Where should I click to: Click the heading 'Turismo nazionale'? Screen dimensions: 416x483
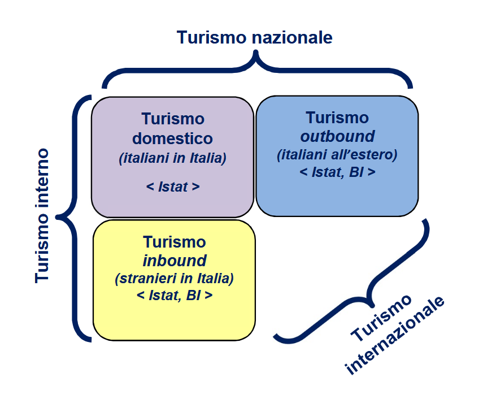pos(254,37)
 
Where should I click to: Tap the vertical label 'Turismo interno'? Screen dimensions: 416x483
pos(42,216)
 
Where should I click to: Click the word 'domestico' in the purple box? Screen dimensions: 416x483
pos(172,138)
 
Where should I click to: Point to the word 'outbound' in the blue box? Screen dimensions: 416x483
pos(337,136)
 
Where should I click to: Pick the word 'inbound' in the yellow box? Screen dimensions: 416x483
pos(174,261)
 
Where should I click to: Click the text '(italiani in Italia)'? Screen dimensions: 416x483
pos(172,159)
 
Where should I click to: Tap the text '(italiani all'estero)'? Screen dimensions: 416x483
pos(337,154)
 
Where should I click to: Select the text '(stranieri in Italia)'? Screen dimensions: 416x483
pos(174,279)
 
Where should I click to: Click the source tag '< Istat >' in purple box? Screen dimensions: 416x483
pos(172,187)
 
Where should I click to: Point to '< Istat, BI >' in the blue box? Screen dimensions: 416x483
pos(337,172)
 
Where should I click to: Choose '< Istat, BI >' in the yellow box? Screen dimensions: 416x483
pos(174,296)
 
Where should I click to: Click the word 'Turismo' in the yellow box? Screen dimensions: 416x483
pos(174,242)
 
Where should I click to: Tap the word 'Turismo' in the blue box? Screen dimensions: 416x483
pos(337,118)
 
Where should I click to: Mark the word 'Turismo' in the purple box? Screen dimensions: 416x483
pos(172,119)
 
